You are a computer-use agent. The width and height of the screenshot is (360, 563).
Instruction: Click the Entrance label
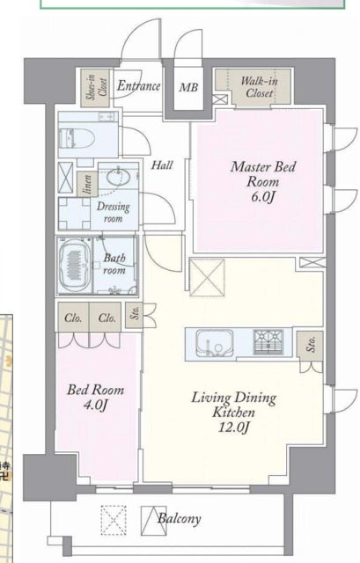[x=139, y=86]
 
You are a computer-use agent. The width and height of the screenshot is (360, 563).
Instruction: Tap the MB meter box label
[x=188, y=87]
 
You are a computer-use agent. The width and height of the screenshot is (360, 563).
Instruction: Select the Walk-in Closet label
[x=259, y=87]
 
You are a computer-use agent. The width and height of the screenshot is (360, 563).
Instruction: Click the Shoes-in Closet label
[x=95, y=87]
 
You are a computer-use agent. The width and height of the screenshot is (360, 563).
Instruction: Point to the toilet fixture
[x=77, y=138]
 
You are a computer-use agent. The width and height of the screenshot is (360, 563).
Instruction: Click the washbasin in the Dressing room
[x=118, y=177]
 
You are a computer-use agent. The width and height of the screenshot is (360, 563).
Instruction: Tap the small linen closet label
[x=88, y=184]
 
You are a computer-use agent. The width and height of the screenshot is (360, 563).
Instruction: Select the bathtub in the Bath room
[x=75, y=265]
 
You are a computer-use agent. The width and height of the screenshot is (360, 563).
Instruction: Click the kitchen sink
[x=215, y=343]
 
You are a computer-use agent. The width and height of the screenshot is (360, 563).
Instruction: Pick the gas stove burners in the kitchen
[x=268, y=342]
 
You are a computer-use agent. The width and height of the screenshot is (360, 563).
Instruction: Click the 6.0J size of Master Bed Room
[x=263, y=197]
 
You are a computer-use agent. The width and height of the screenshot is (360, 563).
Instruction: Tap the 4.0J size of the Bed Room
[x=96, y=405]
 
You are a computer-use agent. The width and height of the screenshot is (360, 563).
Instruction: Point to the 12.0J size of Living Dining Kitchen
[x=234, y=428]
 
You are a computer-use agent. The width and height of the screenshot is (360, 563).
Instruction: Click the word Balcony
[x=180, y=519]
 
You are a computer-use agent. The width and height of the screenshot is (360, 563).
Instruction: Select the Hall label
[x=162, y=165]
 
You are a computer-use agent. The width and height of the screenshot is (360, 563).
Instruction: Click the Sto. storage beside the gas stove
[x=311, y=344]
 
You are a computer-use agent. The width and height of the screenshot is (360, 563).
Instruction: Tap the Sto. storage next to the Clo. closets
[x=136, y=315]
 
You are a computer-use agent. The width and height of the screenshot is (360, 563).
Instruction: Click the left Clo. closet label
[x=73, y=318]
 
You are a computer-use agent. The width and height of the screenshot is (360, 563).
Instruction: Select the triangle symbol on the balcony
[x=153, y=521]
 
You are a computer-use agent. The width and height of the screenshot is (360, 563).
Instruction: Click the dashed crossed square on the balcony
[x=114, y=520]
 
